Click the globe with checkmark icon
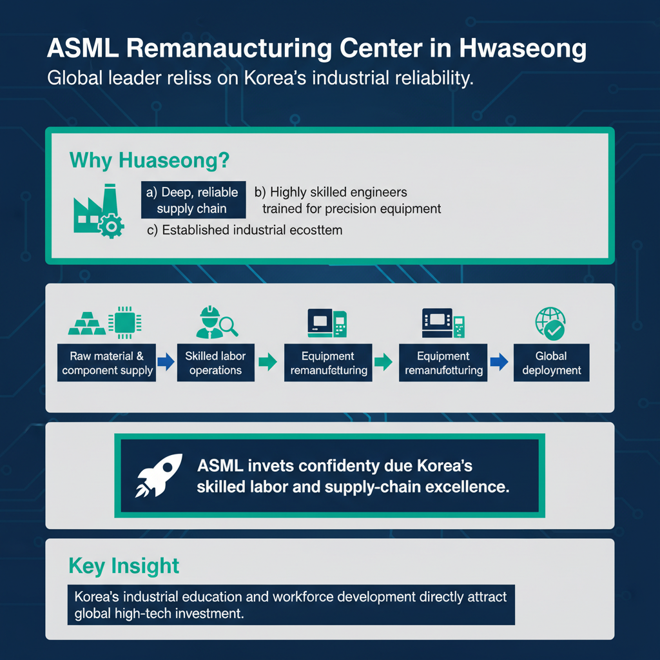click(550, 323)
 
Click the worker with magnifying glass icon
click(215, 322)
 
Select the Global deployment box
click(551, 363)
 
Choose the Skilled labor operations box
click(215, 363)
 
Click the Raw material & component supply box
click(107, 363)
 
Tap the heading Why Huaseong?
click(150, 160)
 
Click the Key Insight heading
click(124, 566)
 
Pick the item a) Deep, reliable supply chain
click(193, 200)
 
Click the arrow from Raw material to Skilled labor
click(166, 362)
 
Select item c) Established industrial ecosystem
click(245, 230)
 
